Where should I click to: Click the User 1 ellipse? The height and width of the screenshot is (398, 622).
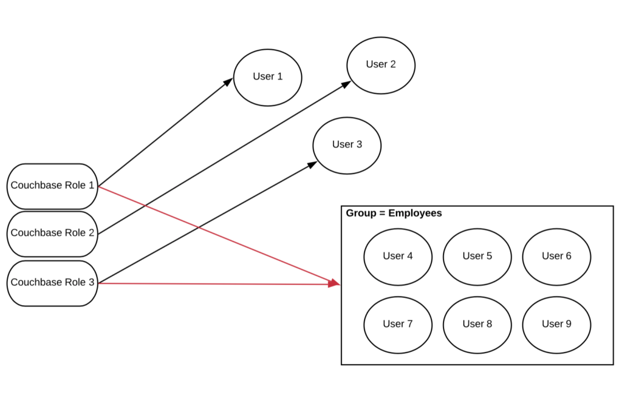pyautogui.click(x=267, y=77)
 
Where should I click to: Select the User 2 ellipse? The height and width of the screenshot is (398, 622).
pyautogui.click(x=381, y=65)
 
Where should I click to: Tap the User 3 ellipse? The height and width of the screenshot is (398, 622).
pyautogui.click(x=347, y=145)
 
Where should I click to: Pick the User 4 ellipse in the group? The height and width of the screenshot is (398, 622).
pyautogui.click(x=398, y=257)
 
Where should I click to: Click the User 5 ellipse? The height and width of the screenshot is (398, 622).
pyautogui.click(x=477, y=257)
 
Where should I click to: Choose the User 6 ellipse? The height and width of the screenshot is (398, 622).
pyautogui.click(x=556, y=257)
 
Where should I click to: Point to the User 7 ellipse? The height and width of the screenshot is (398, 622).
pyautogui.click(x=398, y=325)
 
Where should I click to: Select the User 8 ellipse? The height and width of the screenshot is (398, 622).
pyautogui.click(x=477, y=325)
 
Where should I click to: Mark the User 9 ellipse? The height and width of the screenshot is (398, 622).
pyautogui.click(x=556, y=325)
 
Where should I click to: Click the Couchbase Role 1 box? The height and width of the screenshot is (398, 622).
pyautogui.click(x=52, y=186)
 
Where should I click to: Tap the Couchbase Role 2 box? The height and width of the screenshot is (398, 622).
pyautogui.click(x=52, y=234)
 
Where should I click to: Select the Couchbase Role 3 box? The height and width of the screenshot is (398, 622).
pyautogui.click(x=52, y=283)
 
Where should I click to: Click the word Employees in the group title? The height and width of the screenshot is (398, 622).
pyautogui.click(x=415, y=214)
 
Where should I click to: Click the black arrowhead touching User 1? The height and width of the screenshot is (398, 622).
pyautogui.click(x=228, y=81)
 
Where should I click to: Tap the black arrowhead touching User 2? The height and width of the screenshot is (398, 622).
pyautogui.click(x=346, y=84)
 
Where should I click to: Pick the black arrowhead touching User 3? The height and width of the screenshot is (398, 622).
pyautogui.click(x=312, y=164)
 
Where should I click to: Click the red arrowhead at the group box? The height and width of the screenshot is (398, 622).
pyautogui.click(x=333, y=283)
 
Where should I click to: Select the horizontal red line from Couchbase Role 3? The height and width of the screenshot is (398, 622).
pyautogui.click(x=213, y=283)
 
